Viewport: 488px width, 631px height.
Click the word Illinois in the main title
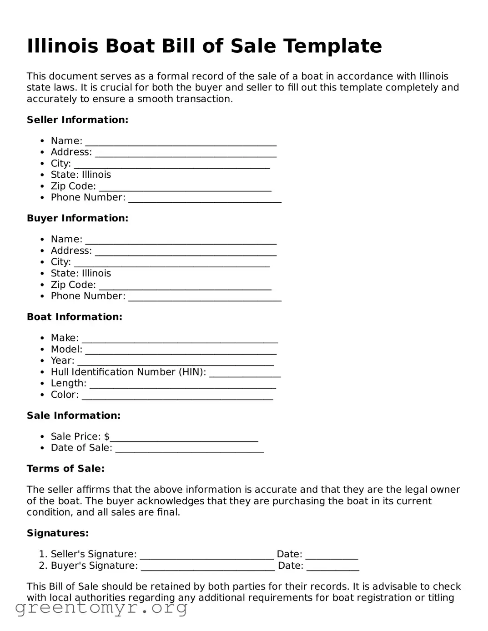tap(62, 46)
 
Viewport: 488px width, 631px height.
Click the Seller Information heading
tap(77, 120)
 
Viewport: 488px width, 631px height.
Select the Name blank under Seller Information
tap(181, 142)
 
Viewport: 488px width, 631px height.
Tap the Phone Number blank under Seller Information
tap(205, 199)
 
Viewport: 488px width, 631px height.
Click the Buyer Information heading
tap(77, 218)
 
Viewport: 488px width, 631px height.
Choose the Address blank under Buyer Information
tap(186, 252)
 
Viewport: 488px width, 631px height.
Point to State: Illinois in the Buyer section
tap(80, 273)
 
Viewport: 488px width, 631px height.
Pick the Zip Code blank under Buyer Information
tap(185, 286)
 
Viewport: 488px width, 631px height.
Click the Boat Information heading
tap(75, 317)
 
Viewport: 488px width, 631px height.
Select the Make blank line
tap(180, 339)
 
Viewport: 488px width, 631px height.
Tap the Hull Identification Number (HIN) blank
tap(245, 373)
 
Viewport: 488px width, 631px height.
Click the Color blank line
tap(177, 396)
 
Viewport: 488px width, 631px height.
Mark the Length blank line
tap(182, 385)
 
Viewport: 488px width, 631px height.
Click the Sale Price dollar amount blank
tap(184, 438)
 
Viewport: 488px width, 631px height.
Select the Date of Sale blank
tap(189, 449)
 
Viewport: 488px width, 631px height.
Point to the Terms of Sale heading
tap(65, 469)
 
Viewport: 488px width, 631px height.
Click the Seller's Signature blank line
tap(206, 555)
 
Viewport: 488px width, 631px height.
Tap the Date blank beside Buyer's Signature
tap(332, 567)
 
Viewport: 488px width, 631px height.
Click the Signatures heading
tap(58, 533)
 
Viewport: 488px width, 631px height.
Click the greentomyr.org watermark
tap(101, 607)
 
